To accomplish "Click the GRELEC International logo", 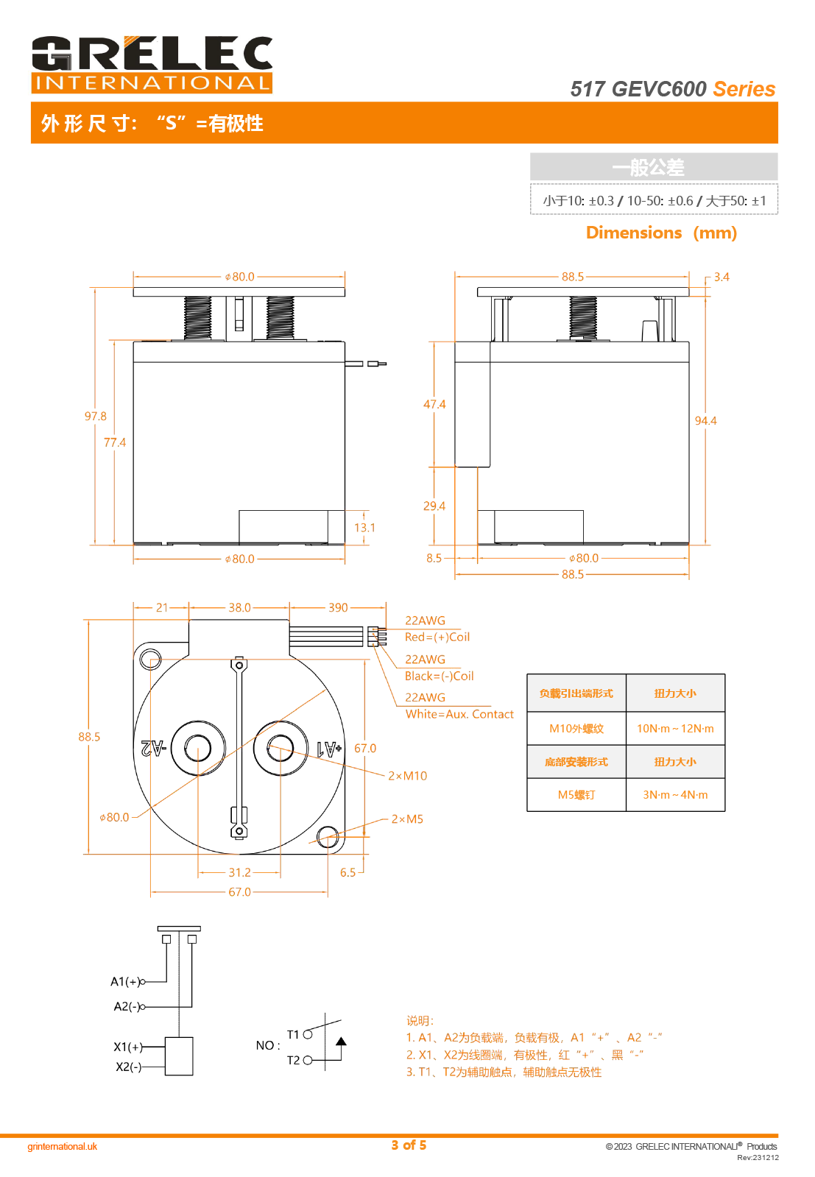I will [152, 65].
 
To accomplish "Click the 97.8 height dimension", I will [95, 417].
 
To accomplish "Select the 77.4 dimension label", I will [115, 442].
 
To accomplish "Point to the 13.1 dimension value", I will [364, 528].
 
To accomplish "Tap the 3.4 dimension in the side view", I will [721, 277].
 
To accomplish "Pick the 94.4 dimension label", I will [705, 421].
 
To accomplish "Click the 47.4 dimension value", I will [434, 404].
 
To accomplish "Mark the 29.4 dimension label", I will [434, 506].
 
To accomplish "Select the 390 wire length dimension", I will [338, 607].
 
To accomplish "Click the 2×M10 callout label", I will [408, 776].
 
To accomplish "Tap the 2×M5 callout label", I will [407, 819].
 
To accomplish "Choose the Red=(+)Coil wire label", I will [437, 637].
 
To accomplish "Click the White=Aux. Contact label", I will [459, 714].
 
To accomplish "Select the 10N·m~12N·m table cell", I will [675, 729].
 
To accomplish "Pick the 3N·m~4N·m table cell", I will [675, 795].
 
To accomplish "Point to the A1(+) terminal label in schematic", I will [125, 981].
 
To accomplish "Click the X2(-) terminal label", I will [128, 1067].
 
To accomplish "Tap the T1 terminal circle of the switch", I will [308, 1034].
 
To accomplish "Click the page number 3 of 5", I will [409, 1145].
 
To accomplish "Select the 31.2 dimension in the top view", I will [239, 872].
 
